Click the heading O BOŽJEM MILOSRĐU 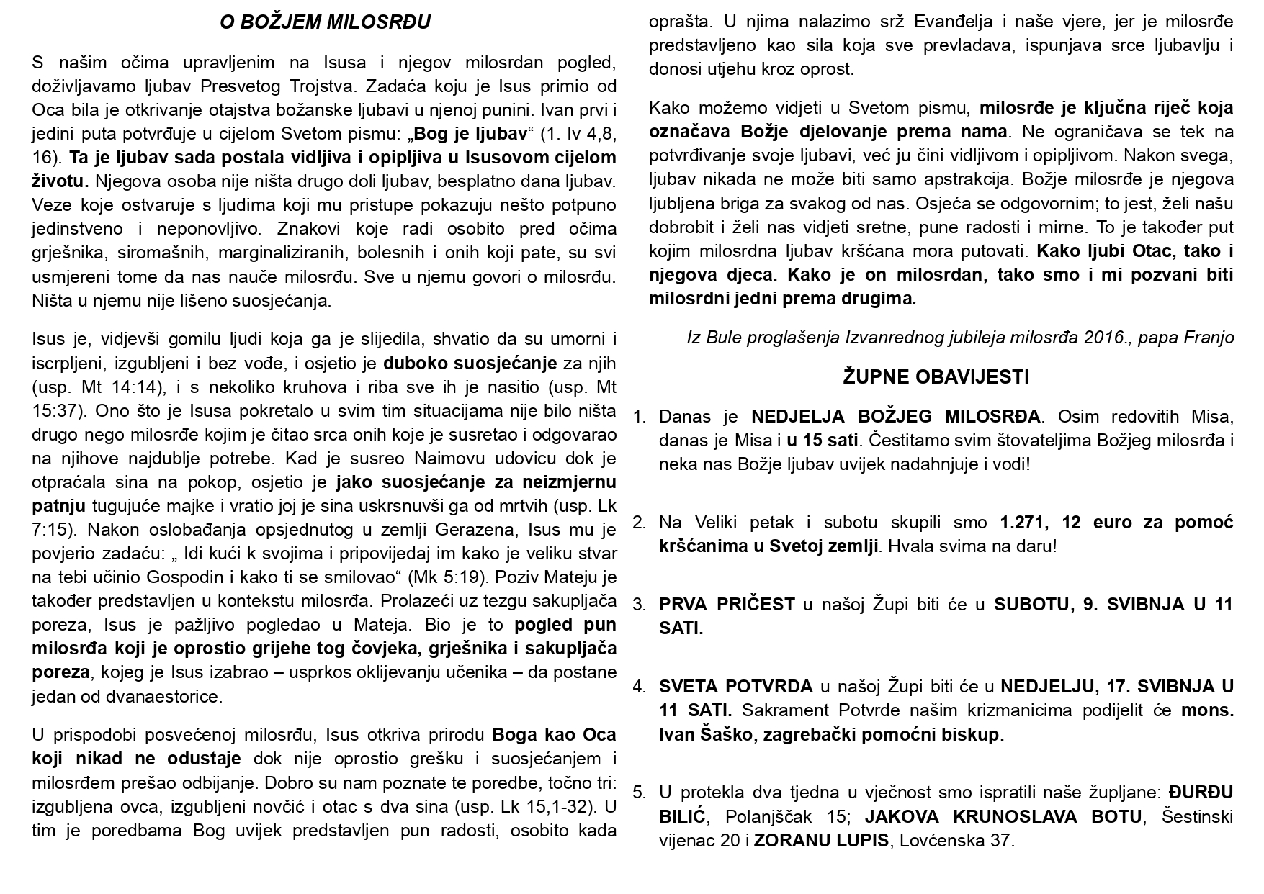[325, 23]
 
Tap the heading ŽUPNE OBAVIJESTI [936, 376]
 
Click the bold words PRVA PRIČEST [726, 605]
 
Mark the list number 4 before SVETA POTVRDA [638, 687]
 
